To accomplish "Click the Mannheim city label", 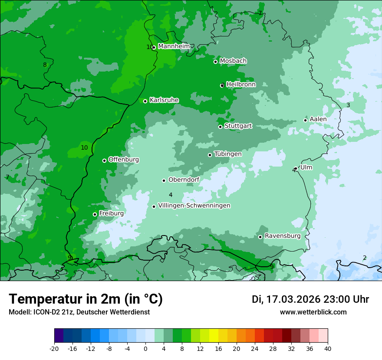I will (174, 46).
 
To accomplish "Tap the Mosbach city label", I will (233, 61).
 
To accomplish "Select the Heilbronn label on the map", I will (241, 85).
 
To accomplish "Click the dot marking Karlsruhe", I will (145, 101).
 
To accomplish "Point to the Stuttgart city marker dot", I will (220, 127).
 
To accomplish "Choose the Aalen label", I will (318, 119).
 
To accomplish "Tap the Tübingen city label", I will (228, 154).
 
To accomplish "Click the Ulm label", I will (306, 167).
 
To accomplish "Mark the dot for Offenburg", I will (104, 160).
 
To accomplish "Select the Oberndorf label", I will (184, 180).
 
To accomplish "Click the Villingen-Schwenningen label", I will (194, 206).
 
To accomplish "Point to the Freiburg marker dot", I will (95, 214).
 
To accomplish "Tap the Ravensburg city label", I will (283, 236).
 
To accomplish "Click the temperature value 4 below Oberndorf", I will (171, 195).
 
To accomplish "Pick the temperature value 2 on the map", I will (365, 258).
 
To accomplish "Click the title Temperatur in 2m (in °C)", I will (86, 299).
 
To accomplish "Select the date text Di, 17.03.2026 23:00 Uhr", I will (310, 299).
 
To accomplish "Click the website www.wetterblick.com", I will (313, 312).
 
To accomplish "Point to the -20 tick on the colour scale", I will (54, 348).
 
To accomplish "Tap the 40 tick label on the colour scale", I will (327, 348).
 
